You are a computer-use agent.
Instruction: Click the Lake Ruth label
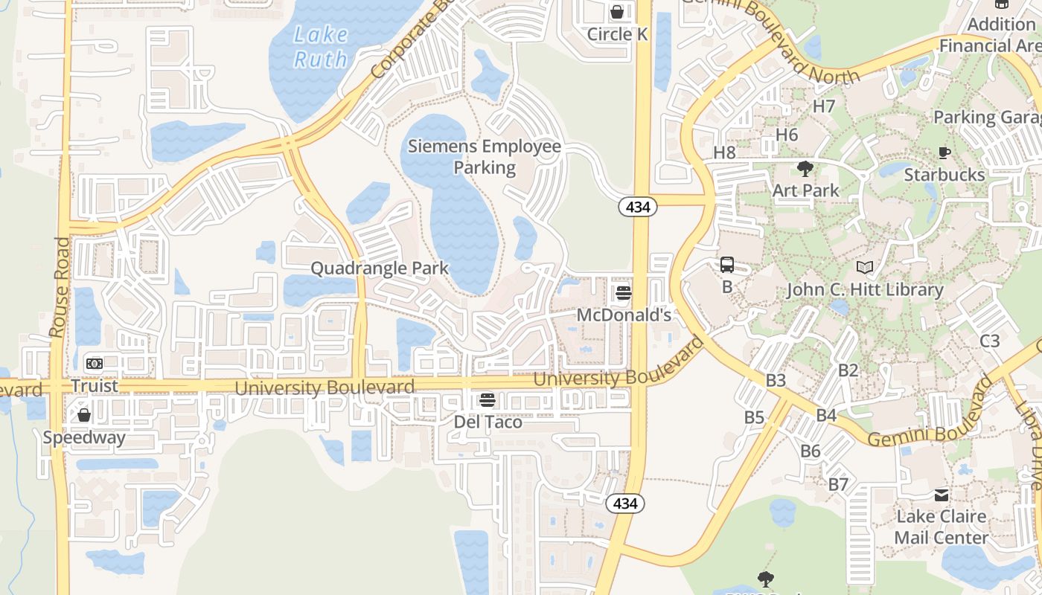pyautogui.click(x=321, y=46)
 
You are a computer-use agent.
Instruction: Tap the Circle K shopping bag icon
pyautogui.click(x=617, y=12)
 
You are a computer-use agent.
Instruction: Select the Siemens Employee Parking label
pyautogui.click(x=485, y=156)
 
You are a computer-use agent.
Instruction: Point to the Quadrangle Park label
pyautogui.click(x=380, y=268)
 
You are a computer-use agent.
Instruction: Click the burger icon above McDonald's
pyautogui.click(x=624, y=292)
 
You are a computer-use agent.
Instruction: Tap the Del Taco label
pyautogui.click(x=488, y=422)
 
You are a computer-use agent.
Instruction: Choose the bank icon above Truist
pyautogui.click(x=95, y=364)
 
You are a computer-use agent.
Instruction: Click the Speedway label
pyautogui.click(x=84, y=437)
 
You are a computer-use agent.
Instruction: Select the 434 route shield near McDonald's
pyautogui.click(x=638, y=208)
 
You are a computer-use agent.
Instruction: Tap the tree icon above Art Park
pyautogui.click(x=805, y=168)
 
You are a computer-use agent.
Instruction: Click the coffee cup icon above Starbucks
pyautogui.click(x=944, y=153)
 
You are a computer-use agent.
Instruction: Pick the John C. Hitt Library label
pyautogui.click(x=865, y=289)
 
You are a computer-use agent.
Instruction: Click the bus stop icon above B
pyautogui.click(x=727, y=265)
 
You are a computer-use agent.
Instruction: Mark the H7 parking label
pyautogui.click(x=824, y=106)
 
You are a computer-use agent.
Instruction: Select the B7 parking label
pyautogui.click(x=839, y=484)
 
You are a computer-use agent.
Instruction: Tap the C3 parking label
pyautogui.click(x=990, y=341)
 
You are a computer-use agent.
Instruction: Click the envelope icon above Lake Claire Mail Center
pyautogui.click(x=942, y=495)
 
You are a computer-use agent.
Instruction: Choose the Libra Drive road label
pyautogui.click(x=1030, y=446)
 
